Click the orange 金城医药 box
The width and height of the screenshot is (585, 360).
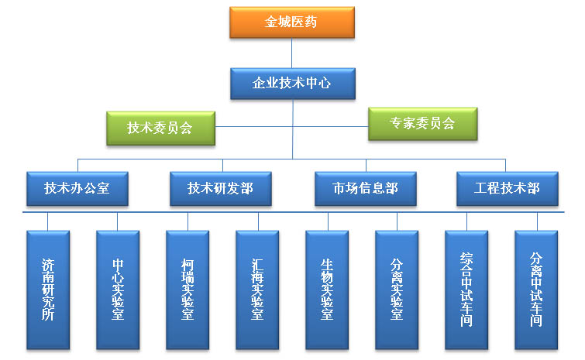pos(291,22)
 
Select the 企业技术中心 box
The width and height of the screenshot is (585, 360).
pos(291,83)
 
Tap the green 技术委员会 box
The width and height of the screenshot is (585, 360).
pos(160,128)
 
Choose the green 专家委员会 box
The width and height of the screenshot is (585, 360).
pos(422,123)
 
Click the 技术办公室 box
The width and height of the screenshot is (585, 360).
pos(77,188)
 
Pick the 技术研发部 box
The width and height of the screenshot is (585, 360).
pos(220,188)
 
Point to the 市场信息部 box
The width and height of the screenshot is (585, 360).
pos(365,188)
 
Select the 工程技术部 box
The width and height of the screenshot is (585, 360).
pos(506,188)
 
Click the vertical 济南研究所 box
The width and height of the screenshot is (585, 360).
pos(48,289)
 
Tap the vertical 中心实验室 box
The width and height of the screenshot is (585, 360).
pos(118,289)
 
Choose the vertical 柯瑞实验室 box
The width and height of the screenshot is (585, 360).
pos(188,289)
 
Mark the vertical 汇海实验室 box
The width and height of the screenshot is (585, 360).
pos(258,289)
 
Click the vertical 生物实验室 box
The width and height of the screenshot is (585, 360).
pos(327,289)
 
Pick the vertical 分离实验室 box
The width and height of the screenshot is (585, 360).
pos(397,289)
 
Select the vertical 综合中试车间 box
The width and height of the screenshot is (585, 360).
pos(466,289)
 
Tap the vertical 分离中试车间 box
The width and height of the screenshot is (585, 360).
pos(536,289)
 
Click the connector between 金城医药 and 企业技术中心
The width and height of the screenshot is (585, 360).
pos(291,53)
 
